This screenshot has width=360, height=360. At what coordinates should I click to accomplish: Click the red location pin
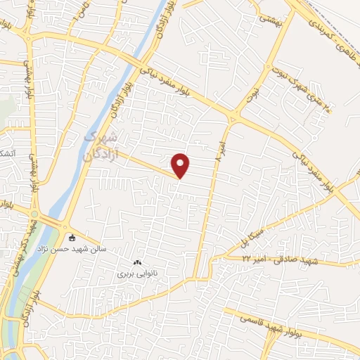181,165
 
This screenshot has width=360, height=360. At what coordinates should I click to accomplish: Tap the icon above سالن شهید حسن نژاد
72,237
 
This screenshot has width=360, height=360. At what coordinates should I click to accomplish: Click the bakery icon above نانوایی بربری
137,262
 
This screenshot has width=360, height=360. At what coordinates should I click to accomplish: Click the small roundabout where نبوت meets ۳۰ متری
268,67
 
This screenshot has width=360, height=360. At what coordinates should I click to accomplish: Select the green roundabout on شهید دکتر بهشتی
33,215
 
